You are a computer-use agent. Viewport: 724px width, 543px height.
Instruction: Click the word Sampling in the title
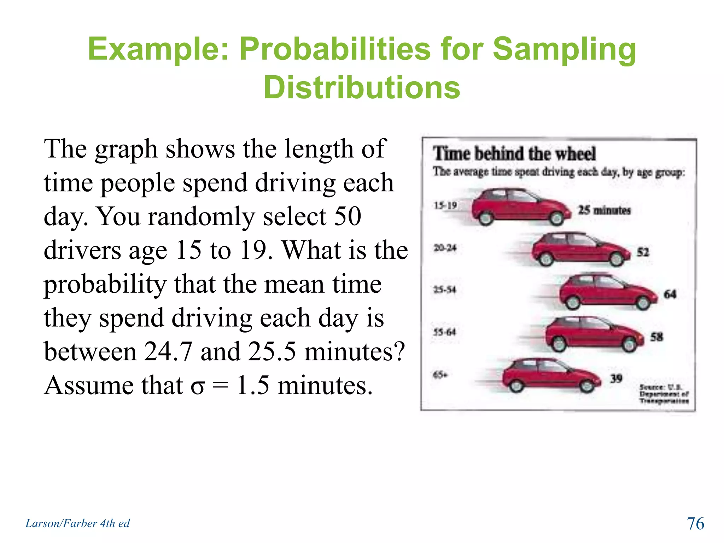point(564,49)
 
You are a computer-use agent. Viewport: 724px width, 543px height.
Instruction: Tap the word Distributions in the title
point(362,88)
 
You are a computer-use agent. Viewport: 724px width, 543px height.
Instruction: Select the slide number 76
point(695,523)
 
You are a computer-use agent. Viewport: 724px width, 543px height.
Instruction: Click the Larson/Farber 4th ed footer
point(77,523)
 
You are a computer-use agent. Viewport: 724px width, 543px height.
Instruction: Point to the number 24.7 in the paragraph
point(168,351)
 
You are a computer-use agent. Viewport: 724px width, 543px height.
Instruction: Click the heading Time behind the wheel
point(514,154)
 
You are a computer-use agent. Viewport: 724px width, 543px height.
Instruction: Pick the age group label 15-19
point(445,205)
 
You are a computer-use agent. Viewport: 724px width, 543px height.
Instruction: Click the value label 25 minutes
point(604,210)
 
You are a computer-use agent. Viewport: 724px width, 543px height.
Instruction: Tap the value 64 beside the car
point(670,294)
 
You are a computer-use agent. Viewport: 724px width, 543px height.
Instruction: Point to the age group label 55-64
point(445,332)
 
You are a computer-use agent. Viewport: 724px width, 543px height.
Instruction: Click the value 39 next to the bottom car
point(616,379)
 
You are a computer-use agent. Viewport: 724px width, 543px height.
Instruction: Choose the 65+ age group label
point(440,374)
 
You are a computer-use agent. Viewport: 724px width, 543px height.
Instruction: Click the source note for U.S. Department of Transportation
point(664,394)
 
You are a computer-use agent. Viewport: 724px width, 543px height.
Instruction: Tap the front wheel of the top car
point(557,218)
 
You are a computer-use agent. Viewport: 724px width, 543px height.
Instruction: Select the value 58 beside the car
point(656,337)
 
